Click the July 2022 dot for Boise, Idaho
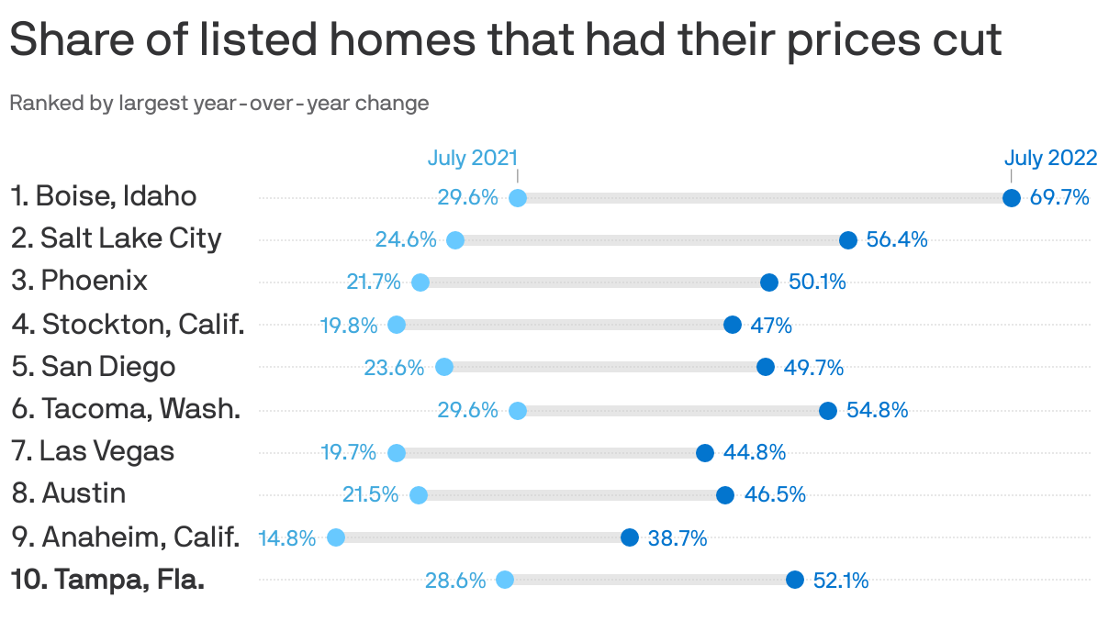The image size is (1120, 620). point(1011,198)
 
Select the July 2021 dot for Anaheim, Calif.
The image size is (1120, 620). point(336,537)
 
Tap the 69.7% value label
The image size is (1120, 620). point(1059,197)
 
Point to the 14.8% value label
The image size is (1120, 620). point(287,538)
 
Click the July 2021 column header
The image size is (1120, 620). point(473,158)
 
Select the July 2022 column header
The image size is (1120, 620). point(1050,158)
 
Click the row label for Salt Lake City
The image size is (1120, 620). point(117,238)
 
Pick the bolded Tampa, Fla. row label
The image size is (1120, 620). point(107,580)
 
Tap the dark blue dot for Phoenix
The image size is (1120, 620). point(769,282)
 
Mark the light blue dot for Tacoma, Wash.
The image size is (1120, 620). point(518,410)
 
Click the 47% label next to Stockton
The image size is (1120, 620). point(771,326)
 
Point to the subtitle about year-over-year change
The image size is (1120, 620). point(219,103)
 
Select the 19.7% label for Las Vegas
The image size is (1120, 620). point(349,453)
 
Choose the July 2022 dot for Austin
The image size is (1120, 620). point(725,495)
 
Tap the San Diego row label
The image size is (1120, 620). point(94,366)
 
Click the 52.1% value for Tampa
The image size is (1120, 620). point(841,581)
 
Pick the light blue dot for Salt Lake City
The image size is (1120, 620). point(455,240)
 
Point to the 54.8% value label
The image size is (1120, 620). point(877,410)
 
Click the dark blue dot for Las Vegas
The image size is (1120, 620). point(705,453)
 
